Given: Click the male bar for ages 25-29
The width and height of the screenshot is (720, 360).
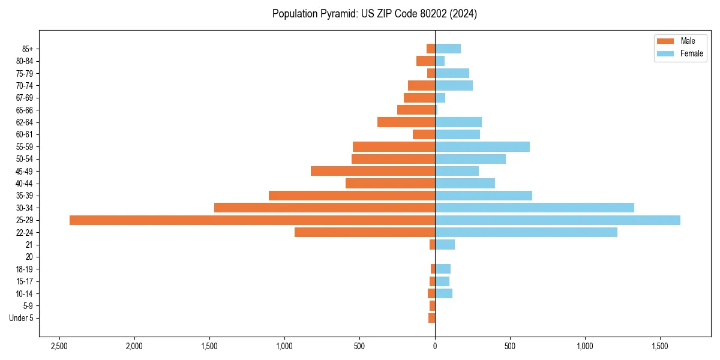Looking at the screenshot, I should (252, 220).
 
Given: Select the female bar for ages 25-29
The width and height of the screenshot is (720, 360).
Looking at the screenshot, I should (557, 220).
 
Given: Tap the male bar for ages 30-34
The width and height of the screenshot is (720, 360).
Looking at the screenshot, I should (325, 208).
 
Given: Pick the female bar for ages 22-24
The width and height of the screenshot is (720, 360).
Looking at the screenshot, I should (526, 232).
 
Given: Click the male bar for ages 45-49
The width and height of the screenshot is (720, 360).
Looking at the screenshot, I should (373, 171).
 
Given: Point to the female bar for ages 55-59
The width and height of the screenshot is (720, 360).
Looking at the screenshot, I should (482, 146).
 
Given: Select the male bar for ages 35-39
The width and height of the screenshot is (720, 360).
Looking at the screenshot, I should (352, 196).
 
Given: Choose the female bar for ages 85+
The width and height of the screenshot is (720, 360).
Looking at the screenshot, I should (448, 49).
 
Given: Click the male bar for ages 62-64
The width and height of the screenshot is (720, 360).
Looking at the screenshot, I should (406, 122).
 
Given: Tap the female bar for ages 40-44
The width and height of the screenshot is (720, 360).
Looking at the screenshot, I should (465, 183).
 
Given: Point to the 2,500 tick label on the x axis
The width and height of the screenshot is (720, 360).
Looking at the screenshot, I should (59, 347).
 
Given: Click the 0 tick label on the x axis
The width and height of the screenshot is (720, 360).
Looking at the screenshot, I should (435, 347).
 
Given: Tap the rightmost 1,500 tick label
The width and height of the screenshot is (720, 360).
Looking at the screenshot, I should (660, 347).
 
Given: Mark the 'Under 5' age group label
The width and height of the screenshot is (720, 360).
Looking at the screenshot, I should (21, 318).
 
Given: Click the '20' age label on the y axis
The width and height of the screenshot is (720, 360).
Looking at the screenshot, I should (29, 257).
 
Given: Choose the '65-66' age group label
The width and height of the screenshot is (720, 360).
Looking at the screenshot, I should (25, 110).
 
